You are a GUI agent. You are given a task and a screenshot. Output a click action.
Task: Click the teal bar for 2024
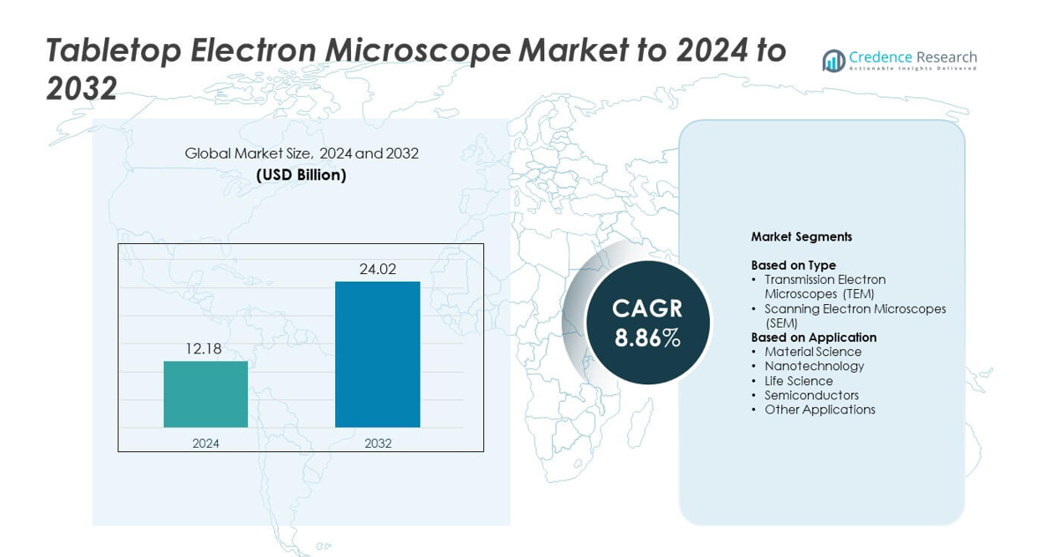205,394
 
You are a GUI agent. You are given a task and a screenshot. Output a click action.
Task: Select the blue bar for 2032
377,354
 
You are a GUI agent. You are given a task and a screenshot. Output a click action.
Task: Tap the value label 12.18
203,349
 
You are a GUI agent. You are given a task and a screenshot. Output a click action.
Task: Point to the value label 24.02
377,270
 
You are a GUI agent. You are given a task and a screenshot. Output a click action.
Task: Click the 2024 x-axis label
205,443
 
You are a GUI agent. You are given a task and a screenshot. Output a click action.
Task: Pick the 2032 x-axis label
377,443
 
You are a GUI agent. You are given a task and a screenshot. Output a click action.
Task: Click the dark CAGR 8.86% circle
647,323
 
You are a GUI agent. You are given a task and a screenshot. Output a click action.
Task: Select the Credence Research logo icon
833,60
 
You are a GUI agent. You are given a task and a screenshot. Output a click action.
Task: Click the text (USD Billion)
302,175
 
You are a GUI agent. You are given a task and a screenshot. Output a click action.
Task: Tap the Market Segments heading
801,237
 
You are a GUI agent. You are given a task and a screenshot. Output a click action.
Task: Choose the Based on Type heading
793,265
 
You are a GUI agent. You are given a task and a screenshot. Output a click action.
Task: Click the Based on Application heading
813,338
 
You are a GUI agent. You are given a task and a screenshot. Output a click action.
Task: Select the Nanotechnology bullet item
814,367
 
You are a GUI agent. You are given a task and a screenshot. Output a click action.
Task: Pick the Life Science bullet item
798,381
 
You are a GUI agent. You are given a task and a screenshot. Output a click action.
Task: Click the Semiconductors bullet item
811,396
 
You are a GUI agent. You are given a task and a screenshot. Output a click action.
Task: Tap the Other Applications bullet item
819,410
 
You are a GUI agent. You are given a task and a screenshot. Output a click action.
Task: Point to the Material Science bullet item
812,352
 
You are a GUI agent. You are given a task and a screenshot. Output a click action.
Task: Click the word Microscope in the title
418,51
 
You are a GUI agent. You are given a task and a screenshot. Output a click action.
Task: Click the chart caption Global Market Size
248,153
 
